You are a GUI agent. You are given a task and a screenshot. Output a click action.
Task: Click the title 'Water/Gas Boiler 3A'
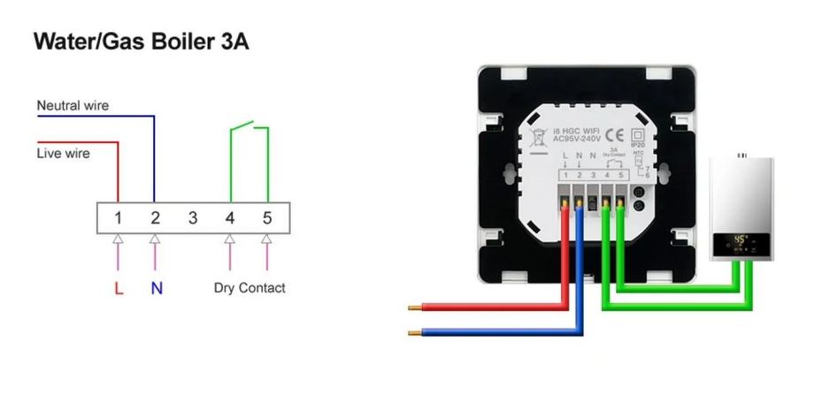coord(141,42)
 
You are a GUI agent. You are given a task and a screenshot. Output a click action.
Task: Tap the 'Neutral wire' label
coord(73,106)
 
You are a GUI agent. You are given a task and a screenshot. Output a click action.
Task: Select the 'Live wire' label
coord(63,153)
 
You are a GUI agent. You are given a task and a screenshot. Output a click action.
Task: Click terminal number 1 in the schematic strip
coord(118,217)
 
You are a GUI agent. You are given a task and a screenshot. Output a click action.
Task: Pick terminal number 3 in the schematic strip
coord(193,217)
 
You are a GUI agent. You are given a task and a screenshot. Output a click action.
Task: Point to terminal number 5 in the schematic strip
coord(266,217)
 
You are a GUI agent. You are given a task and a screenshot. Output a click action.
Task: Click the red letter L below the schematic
coord(119,288)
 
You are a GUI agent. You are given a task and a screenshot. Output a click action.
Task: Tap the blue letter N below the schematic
coord(156,288)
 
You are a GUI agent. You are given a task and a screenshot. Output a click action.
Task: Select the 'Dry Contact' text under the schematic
coord(250,287)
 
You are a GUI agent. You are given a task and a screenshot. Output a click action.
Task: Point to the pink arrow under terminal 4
coord(230,252)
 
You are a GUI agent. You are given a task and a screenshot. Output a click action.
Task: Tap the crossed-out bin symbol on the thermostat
coord(537,138)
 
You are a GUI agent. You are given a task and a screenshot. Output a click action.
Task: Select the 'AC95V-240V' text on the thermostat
coord(576,139)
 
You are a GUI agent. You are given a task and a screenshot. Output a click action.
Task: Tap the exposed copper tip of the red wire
coord(413,308)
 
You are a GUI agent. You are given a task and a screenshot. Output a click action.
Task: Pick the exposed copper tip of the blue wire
coord(413,333)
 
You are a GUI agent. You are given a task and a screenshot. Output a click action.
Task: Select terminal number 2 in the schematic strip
coord(155,217)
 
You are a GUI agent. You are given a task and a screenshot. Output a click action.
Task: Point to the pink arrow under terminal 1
coord(118,252)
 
